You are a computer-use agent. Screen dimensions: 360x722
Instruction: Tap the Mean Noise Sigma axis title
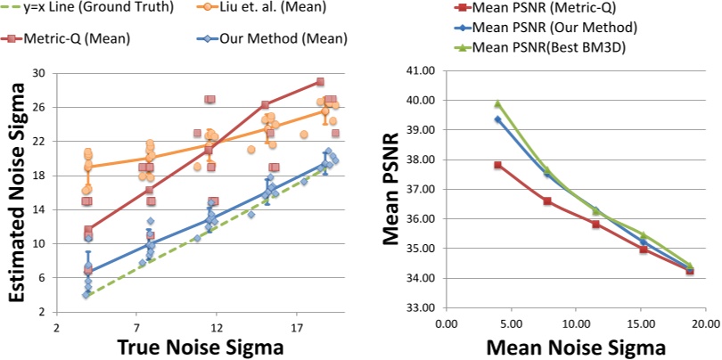pyautogui.click(x=576, y=347)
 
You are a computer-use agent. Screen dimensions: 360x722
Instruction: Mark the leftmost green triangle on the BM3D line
pyautogui.click(x=497, y=103)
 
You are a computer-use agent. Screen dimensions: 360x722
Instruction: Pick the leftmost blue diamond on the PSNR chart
pyautogui.click(x=497, y=119)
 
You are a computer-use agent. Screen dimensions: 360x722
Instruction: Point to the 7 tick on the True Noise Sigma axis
pyautogui.click(x=135, y=326)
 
